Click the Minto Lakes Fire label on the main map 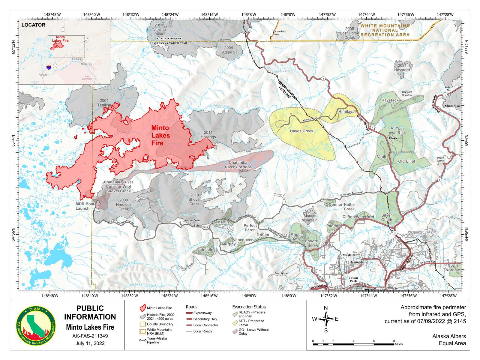click(160, 135)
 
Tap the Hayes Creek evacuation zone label click(301, 131)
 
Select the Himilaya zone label click(346, 112)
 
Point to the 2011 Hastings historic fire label click(208, 135)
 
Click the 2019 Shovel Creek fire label click(194, 199)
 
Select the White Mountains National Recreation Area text click(385, 30)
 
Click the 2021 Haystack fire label click(402, 67)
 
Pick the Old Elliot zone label click(406, 161)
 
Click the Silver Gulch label click(386, 217)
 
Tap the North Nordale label click(453, 268)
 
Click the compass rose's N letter click(326, 308)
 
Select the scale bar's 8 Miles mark click(394, 341)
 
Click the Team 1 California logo click(36, 325)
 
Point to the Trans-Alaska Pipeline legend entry click(155, 340)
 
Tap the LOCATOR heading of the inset click(33, 25)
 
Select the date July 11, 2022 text click(90, 343)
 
